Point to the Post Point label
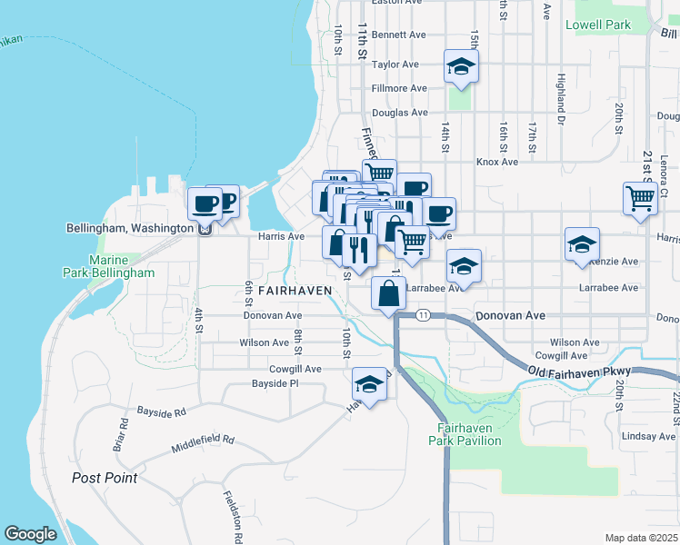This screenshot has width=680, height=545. pyautogui.click(x=105, y=478)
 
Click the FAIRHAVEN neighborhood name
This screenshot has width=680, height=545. pyautogui.click(x=295, y=290)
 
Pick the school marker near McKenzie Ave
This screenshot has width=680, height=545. pyautogui.click(x=582, y=244)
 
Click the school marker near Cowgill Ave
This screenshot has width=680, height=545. pyautogui.click(x=370, y=385)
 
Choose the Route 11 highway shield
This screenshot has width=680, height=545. pyautogui.click(x=424, y=314)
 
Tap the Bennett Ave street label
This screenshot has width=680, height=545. pyautogui.click(x=398, y=35)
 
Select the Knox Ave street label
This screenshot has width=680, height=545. pyautogui.click(x=497, y=162)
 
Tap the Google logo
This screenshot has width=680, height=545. pyautogui.click(x=30, y=534)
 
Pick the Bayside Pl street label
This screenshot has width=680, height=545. pyautogui.click(x=275, y=383)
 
